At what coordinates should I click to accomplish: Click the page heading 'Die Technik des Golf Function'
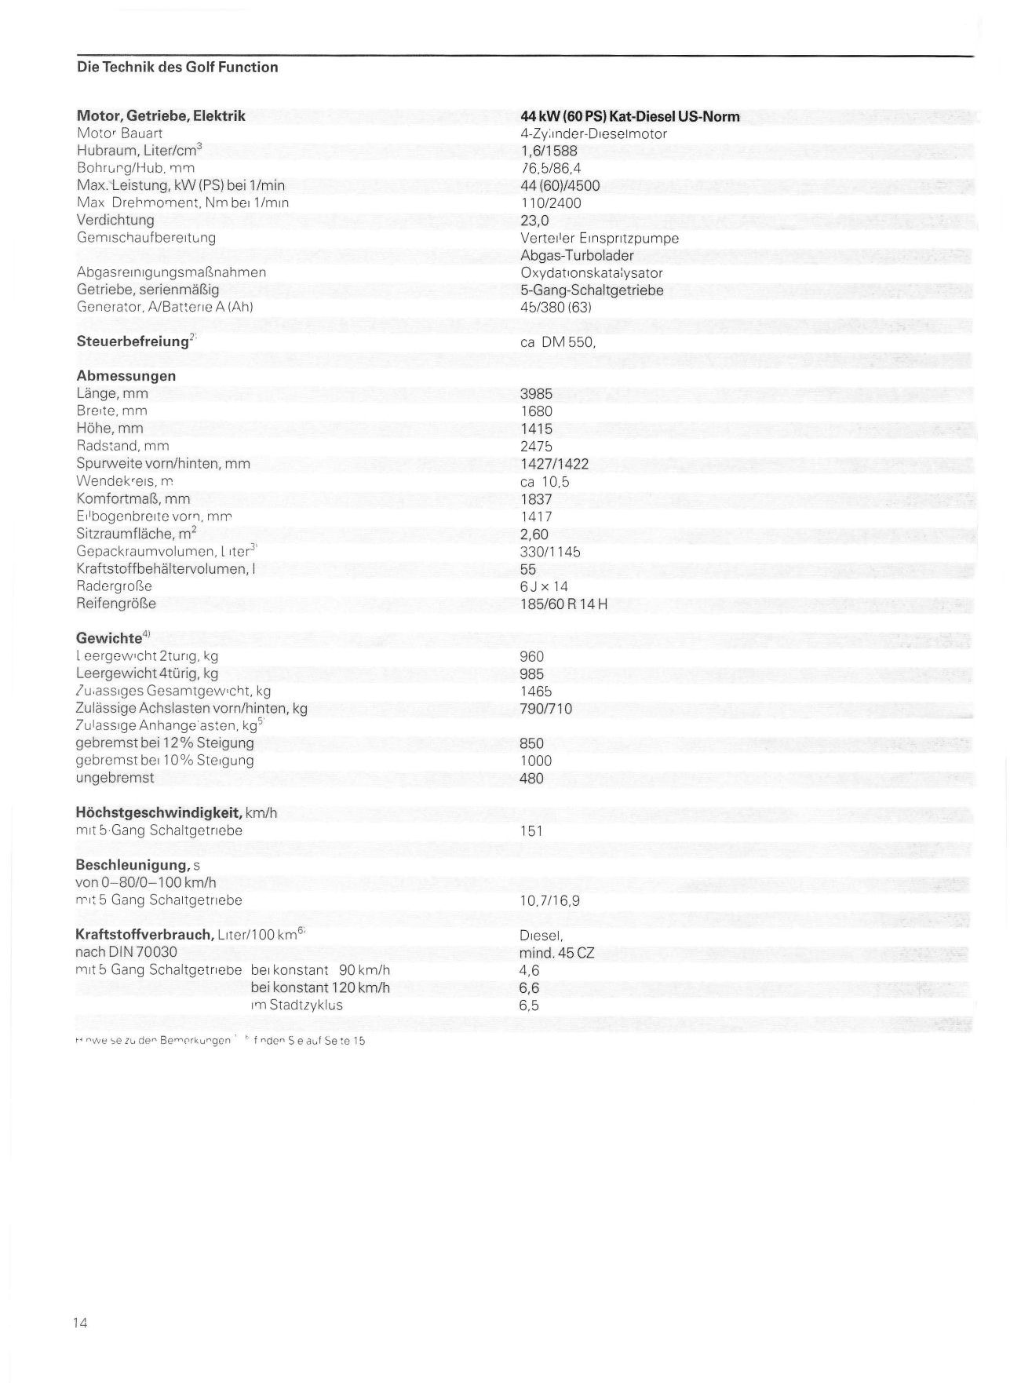click(177, 68)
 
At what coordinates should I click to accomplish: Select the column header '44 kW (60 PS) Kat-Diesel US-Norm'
click(629, 116)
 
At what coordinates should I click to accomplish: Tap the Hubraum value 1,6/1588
click(549, 151)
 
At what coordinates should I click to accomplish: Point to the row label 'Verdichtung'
click(115, 220)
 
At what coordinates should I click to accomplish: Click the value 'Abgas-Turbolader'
click(577, 255)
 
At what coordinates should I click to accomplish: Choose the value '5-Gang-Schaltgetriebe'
click(592, 290)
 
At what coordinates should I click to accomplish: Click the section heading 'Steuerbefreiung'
click(133, 341)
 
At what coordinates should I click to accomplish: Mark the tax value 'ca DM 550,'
click(558, 342)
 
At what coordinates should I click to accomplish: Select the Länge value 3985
click(536, 394)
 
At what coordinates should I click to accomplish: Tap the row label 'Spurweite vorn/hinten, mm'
click(163, 463)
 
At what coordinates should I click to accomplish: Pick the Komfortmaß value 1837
click(536, 499)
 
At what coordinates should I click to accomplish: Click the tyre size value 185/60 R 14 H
click(563, 604)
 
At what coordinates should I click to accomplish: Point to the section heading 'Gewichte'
click(109, 638)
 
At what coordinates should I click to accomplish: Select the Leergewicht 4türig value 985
click(531, 673)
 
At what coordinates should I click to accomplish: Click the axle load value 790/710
click(545, 709)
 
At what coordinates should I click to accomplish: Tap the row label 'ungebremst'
click(115, 778)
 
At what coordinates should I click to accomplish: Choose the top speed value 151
click(531, 830)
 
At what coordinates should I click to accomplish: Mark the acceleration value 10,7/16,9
click(549, 900)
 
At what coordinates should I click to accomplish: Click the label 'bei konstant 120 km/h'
click(320, 987)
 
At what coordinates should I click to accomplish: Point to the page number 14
click(80, 1323)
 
